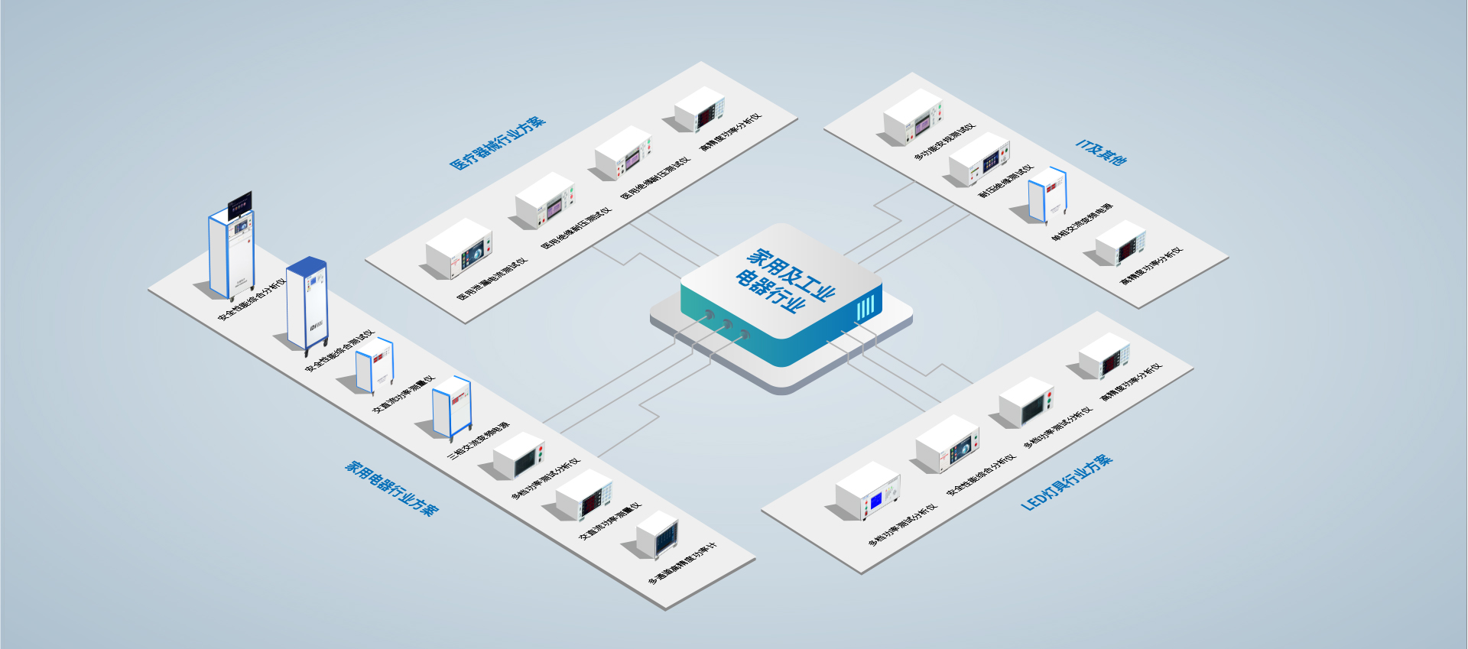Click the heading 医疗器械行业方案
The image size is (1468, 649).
point(497,143)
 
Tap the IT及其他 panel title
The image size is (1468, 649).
point(1101,152)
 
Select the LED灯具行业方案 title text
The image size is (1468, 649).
point(1067,482)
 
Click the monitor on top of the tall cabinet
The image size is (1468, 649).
point(239,204)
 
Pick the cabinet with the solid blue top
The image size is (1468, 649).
point(307,303)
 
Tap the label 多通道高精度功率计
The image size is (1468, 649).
point(682,564)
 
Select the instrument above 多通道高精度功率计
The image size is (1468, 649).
point(657,534)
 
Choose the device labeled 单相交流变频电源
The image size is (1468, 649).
point(1047,195)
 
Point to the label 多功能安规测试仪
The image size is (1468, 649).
point(944,141)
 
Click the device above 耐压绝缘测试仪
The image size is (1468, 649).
point(979,159)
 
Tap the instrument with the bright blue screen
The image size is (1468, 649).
point(868,492)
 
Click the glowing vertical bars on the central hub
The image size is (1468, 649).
point(865,308)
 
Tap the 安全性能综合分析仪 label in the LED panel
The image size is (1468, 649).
point(981,474)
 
